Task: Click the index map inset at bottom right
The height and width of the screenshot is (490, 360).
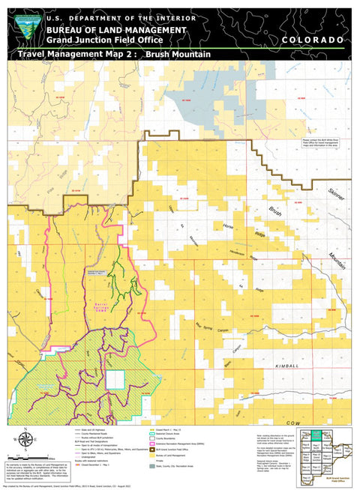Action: (x=325, y=454)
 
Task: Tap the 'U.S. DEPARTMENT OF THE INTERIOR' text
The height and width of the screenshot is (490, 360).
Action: (x=120, y=18)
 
